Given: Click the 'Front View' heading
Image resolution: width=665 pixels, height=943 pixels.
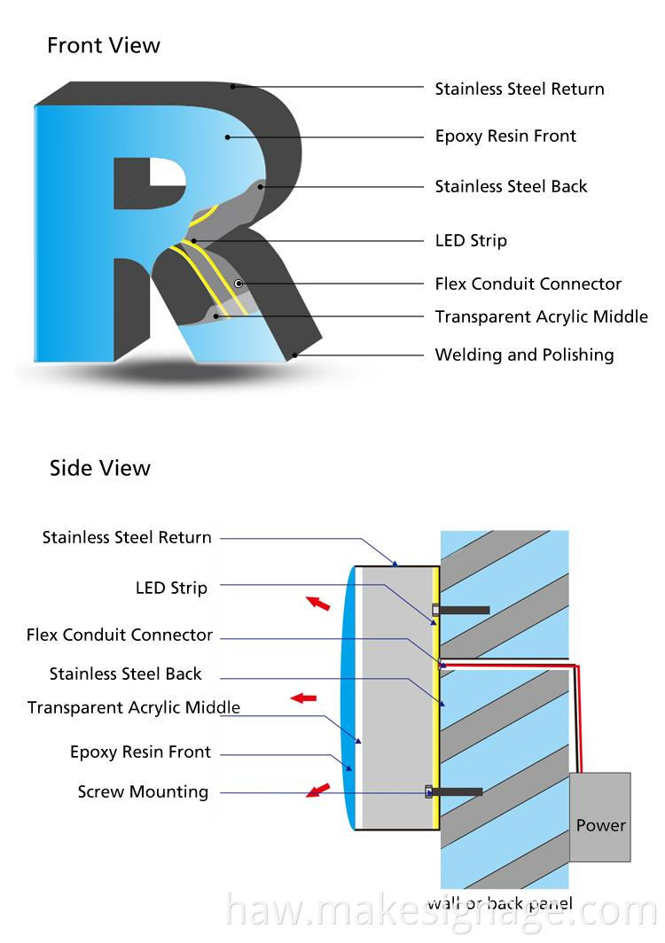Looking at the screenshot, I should pos(104,45).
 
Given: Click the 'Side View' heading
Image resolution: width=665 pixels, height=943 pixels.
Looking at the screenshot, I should pos(100,468).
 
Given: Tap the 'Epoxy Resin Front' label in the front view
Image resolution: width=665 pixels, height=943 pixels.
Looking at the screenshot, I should pos(505,136).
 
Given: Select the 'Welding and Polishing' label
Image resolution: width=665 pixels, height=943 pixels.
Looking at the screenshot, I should pos(524,355).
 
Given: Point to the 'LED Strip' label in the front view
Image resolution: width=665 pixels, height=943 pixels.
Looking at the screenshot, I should pos(471,241).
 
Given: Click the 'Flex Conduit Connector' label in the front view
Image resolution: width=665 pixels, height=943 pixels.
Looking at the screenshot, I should pos(528,284).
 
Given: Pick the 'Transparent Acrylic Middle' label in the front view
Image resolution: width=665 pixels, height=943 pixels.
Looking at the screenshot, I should pos(541,317).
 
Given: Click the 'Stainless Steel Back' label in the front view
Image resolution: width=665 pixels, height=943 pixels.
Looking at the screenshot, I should pos(511,187).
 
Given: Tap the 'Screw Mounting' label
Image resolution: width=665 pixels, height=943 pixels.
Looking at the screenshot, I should pos(143,792).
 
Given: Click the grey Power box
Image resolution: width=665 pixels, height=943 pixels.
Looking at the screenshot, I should pos(600,817).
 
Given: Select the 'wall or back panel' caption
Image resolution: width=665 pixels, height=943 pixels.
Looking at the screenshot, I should pos(499,904).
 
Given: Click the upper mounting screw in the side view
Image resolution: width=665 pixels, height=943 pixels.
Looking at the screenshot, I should pos(462,610).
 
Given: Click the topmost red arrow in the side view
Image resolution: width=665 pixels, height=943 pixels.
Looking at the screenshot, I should pos(317,604).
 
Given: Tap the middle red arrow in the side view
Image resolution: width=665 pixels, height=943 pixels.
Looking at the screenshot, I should pos(304,698).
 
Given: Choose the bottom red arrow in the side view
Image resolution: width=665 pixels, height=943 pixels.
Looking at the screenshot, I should pos(317,789).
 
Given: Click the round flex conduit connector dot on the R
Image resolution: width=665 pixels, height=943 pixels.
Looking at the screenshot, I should pos(239,283).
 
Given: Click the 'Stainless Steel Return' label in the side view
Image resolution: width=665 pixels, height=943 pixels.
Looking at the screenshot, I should pos(127,538).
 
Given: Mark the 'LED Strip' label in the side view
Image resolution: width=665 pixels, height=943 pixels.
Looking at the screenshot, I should pos(171,588).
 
